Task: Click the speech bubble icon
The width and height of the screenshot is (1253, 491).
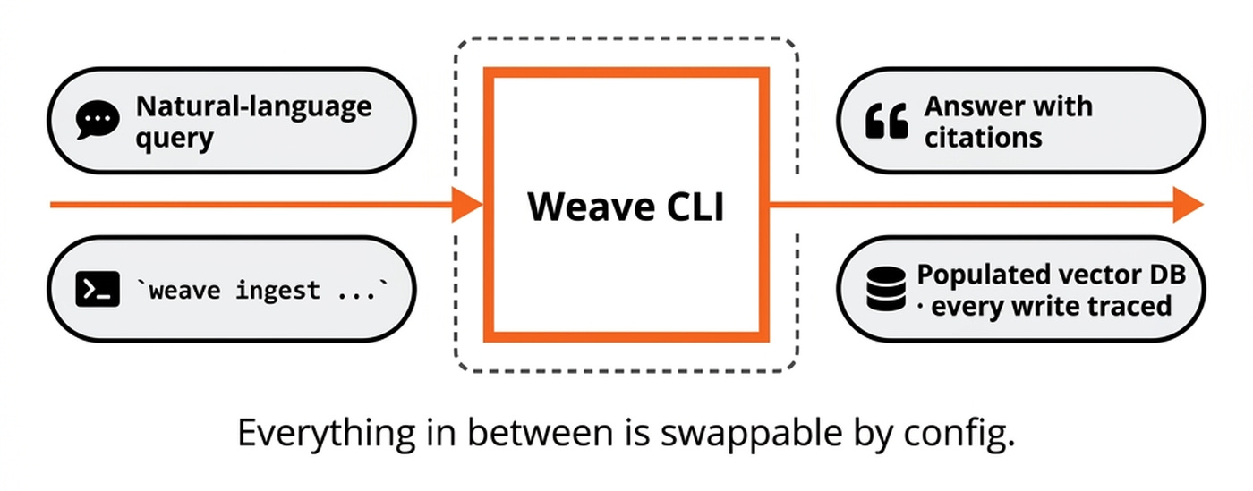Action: click(x=97, y=121)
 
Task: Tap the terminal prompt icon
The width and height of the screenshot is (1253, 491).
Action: click(x=98, y=290)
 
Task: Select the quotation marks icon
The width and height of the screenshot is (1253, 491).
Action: click(x=886, y=121)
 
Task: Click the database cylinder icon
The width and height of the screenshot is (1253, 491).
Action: click(x=886, y=290)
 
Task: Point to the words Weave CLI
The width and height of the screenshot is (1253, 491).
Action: click(x=626, y=207)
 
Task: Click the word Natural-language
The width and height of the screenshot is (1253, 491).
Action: click(x=253, y=106)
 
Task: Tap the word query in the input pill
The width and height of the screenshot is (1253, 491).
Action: click(x=175, y=138)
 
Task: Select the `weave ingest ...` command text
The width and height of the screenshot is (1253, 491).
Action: click(x=262, y=290)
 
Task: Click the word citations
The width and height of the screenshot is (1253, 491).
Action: click(x=983, y=138)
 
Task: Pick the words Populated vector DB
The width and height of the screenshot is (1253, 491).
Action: click(x=1052, y=275)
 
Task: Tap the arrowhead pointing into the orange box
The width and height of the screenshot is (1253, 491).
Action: click(x=468, y=205)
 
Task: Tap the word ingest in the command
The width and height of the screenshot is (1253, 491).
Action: click(x=277, y=290)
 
